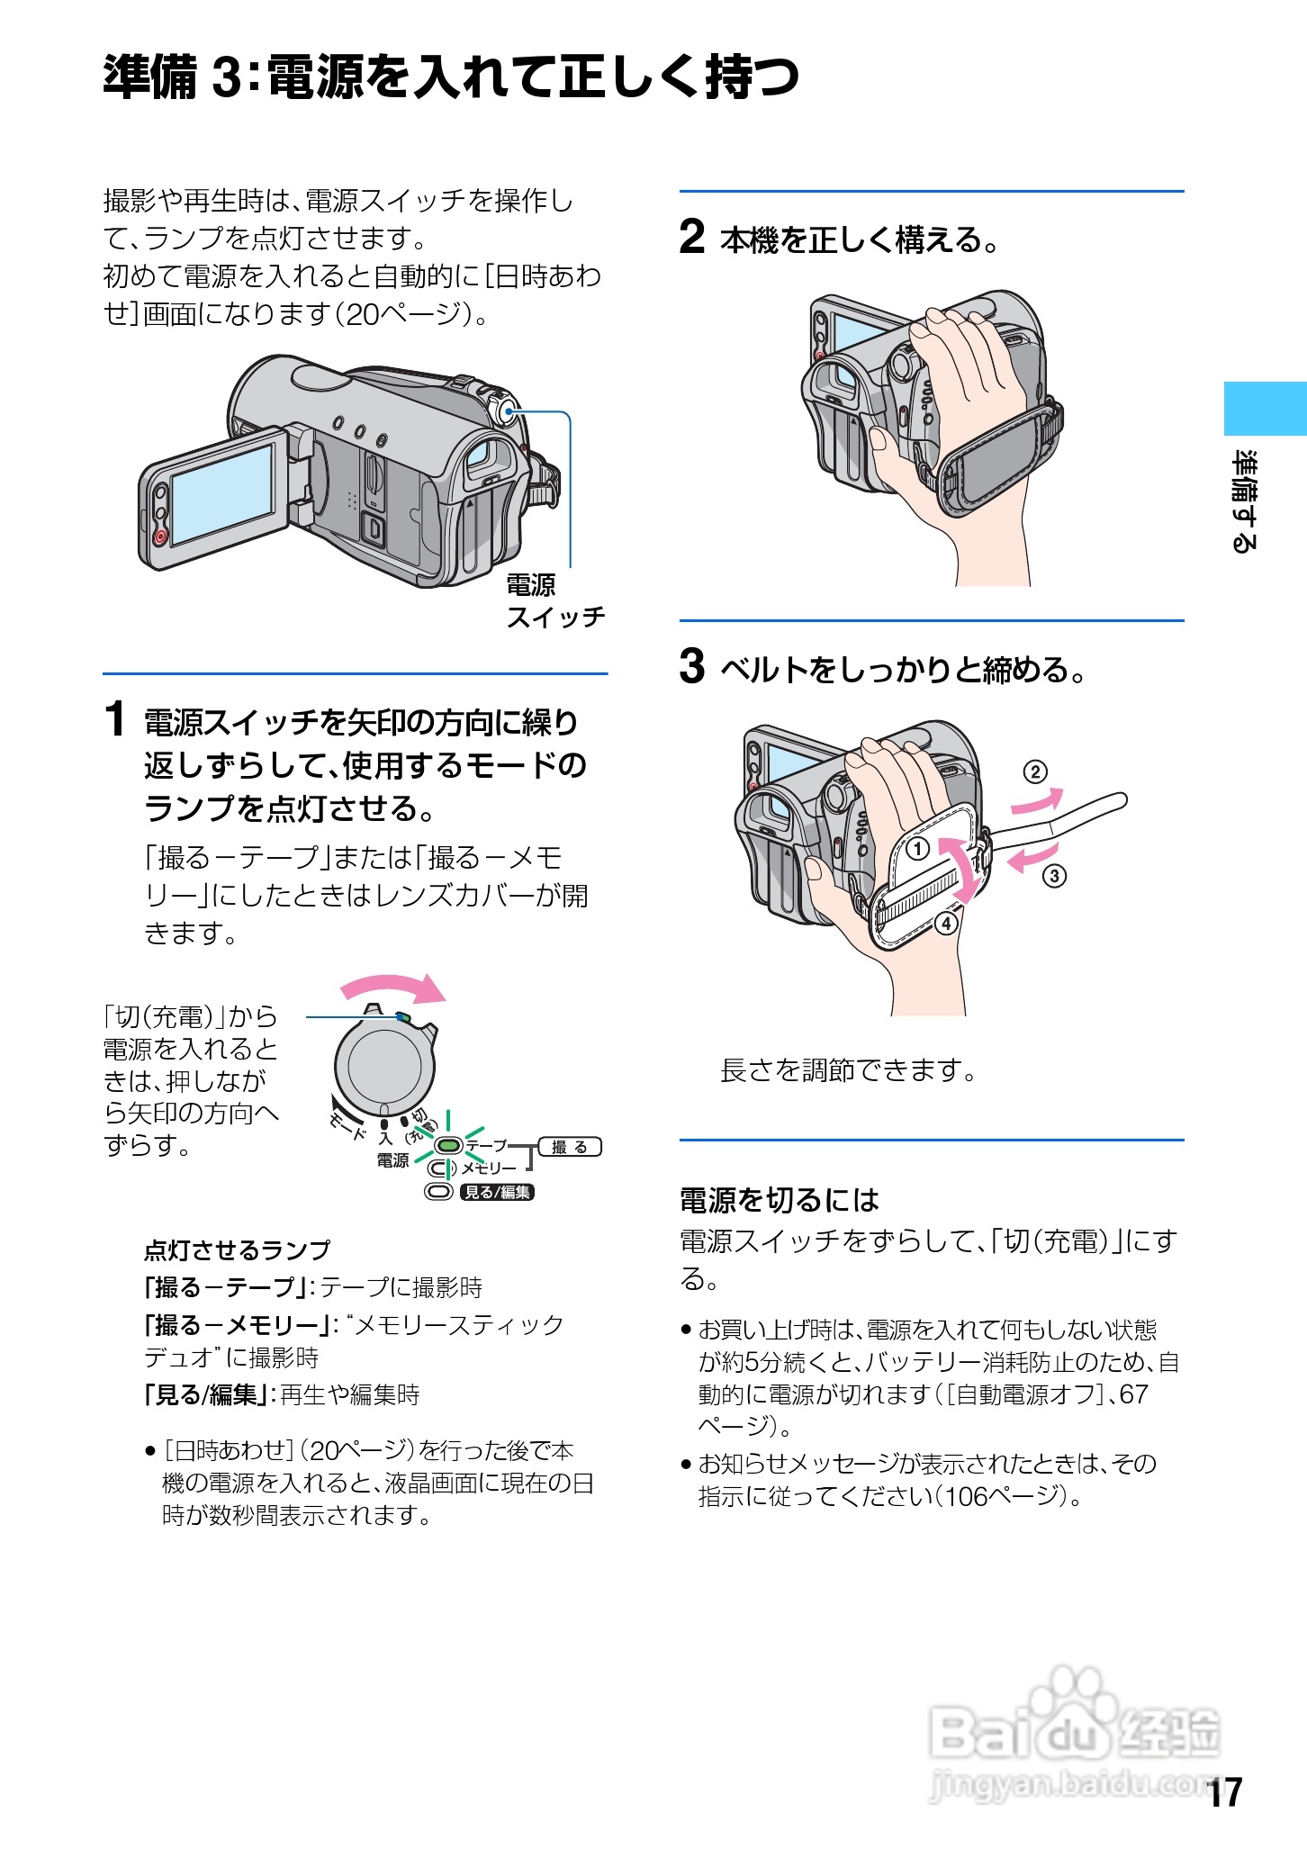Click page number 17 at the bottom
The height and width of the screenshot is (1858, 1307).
[1225, 1792]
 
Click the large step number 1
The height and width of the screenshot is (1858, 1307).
[114, 720]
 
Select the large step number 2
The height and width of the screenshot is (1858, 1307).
[691, 238]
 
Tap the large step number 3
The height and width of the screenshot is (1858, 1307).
[691, 667]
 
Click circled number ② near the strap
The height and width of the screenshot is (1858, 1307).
[1035, 771]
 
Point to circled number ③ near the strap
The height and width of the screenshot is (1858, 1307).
[1054, 875]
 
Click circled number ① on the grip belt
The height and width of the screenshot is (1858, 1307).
[917, 848]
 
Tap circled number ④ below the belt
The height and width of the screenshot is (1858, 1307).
[946, 924]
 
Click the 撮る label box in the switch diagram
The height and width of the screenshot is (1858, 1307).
[569, 1147]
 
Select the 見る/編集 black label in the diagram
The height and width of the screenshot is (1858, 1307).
[497, 1193]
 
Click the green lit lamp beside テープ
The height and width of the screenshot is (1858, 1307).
[448, 1146]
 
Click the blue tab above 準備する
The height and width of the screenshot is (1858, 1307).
[1264, 408]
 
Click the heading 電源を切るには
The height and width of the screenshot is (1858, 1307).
[779, 1200]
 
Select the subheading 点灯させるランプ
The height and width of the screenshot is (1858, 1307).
[237, 1250]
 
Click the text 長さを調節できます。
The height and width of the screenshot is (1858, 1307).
[848, 1070]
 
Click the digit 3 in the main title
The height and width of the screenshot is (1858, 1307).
[227, 77]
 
